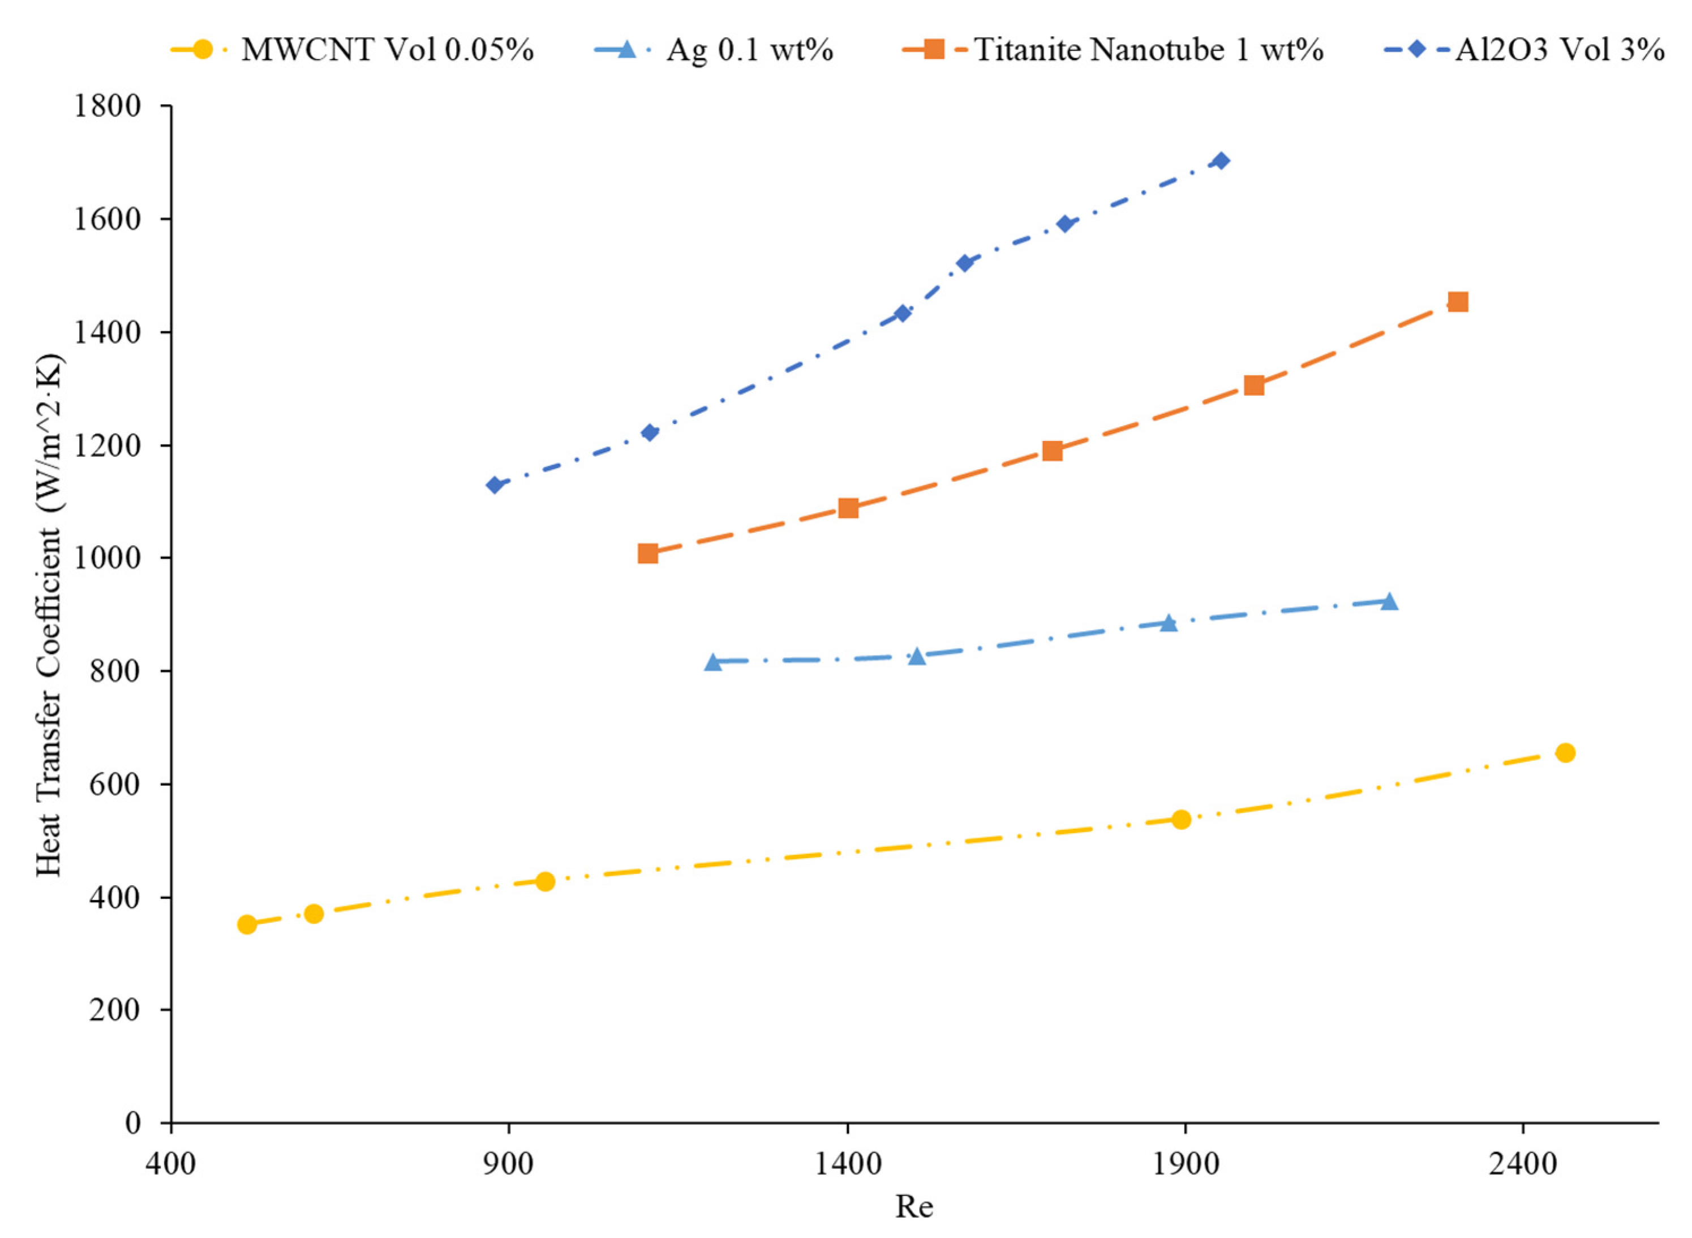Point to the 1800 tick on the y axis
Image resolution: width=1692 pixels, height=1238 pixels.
(106, 106)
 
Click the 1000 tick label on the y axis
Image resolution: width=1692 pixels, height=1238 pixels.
(106, 558)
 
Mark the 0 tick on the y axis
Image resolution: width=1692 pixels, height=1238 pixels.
(132, 1123)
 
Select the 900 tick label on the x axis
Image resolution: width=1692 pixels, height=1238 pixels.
(509, 1164)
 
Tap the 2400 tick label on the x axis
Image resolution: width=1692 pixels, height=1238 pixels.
(1523, 1164)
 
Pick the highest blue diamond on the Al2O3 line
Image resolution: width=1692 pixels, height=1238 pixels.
(1221, 160)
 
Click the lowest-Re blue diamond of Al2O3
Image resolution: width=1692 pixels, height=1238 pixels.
(495, 485)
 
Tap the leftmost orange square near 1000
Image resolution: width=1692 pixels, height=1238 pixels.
(648, 554)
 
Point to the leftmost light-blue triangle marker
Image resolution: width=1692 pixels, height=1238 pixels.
(713, 662)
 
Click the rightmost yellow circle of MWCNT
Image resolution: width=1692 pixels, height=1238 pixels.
(1565, 752)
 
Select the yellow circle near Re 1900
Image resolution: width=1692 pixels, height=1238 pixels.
(1181, 819)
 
